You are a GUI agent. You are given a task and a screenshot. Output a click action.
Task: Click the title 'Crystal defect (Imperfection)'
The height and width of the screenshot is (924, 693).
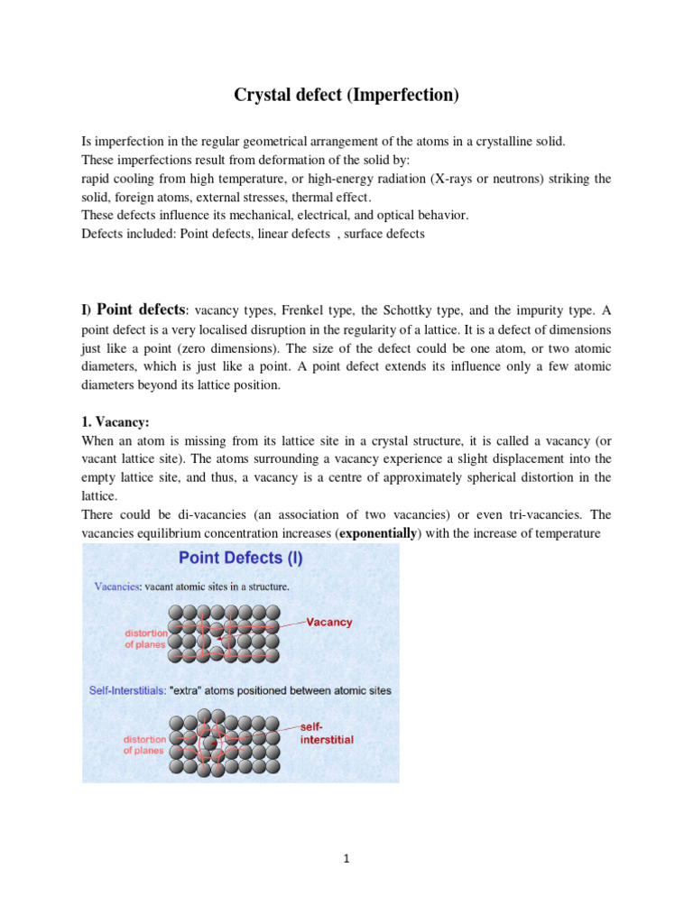[346, 96]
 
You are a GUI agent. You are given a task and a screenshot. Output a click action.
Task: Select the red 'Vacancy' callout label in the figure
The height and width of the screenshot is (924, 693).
[329, 622]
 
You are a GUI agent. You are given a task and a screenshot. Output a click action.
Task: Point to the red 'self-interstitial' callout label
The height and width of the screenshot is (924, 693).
[326, 733]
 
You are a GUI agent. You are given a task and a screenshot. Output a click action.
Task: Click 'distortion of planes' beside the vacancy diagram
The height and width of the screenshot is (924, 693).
[145, 639]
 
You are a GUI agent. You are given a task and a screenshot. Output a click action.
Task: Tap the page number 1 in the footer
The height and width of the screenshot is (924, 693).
[346, 859]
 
